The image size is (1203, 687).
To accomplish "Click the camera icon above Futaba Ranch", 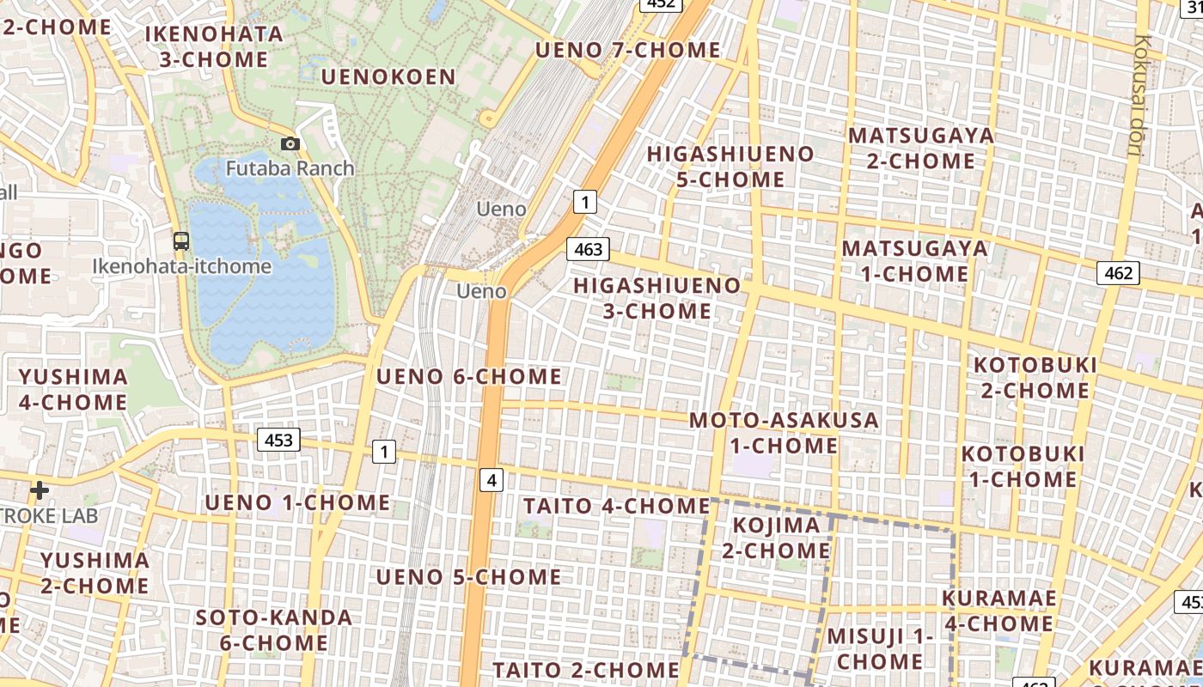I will point(290,144).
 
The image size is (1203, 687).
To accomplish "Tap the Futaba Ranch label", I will point(290,167).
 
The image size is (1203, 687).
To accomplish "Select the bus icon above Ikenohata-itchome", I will point(181,241).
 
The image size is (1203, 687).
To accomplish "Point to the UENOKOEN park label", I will point(388,77).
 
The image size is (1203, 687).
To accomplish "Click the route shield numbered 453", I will point(278,441).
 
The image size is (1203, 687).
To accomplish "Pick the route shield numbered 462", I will point(1118,273).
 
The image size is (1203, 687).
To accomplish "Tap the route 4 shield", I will point(492,480).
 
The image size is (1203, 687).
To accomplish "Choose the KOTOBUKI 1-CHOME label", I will point(1023,466).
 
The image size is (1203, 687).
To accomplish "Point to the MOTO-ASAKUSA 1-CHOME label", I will point(784,433).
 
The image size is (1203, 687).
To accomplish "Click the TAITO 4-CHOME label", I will point(617,506).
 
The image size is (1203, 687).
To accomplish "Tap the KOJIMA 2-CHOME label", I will point(776,538).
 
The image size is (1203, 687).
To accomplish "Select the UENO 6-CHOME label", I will point(469,376).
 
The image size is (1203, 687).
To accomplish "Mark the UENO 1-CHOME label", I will point(297,502).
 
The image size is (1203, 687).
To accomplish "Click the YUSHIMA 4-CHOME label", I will point(73,389).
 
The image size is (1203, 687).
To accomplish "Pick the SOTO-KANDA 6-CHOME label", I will point(273,629).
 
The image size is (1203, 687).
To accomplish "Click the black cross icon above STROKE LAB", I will point(39,490).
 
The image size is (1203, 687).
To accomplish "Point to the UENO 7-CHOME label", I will point(628,50).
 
